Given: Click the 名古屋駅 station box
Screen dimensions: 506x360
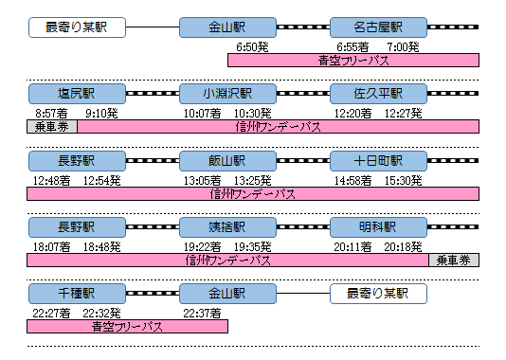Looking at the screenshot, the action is pos(378,27).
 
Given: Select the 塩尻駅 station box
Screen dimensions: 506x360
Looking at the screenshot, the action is pos(77,94).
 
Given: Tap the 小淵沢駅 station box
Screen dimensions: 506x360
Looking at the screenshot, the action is pos(227,94).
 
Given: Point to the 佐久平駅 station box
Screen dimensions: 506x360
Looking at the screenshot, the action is pos(378,94).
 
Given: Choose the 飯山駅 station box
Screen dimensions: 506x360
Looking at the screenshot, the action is pos(227,161).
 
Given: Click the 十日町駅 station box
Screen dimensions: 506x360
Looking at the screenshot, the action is pos(378,161).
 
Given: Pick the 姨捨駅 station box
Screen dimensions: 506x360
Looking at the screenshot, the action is pos(227,227).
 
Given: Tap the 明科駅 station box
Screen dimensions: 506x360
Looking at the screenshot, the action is pos(378,227).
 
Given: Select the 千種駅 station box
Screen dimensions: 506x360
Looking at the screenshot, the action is pos(77,294).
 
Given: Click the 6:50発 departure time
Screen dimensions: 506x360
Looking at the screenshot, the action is pos(252,47).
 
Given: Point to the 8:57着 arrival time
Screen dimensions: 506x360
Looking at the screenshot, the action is pos(51,114).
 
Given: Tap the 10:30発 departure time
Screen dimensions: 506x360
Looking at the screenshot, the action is pos(253,114).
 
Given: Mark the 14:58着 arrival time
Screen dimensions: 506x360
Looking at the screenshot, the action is pos(353,181).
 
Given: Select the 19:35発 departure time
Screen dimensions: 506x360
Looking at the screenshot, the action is pos(253,247).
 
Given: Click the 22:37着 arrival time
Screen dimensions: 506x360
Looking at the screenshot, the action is pos(203,314).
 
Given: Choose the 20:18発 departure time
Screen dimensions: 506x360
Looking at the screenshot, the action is pos(403,247).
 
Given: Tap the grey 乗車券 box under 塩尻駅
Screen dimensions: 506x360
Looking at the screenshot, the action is pos(52,126).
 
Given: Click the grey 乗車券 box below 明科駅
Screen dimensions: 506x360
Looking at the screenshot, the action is pos(454,260).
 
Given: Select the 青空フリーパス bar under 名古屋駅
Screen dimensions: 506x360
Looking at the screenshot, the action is pos(353,61).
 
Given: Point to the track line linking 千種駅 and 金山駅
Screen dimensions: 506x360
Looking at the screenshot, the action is pos(153,294).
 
